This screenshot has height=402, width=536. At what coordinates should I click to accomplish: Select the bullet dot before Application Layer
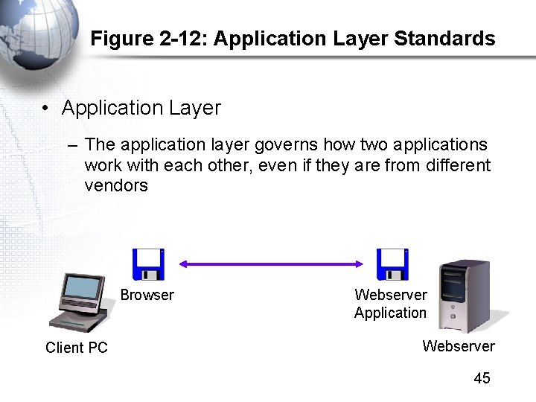tap(46, 109)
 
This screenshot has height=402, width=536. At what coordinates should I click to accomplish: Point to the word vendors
tap(116, 186)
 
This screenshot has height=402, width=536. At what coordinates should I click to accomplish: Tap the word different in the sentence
tap(459, 165)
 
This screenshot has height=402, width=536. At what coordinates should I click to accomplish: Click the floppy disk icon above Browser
tap(148, 264)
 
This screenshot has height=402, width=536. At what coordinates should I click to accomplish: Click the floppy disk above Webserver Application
tap(392, 264)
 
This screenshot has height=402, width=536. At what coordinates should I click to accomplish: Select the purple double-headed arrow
tap(270, 264)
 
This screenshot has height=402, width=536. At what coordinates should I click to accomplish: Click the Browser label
tap(147, 295)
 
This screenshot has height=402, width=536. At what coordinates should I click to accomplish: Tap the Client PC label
tap(77, 348)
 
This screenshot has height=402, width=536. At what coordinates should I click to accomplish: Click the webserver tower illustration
tap(464, 296)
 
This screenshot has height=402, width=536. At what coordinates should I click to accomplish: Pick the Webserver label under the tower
tap(458, 346)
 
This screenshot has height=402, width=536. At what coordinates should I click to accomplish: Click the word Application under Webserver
tap(390, 313)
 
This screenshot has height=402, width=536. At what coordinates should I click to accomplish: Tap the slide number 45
tap(482, 378)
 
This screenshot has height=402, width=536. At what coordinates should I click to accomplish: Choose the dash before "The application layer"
tap(72, 144)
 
